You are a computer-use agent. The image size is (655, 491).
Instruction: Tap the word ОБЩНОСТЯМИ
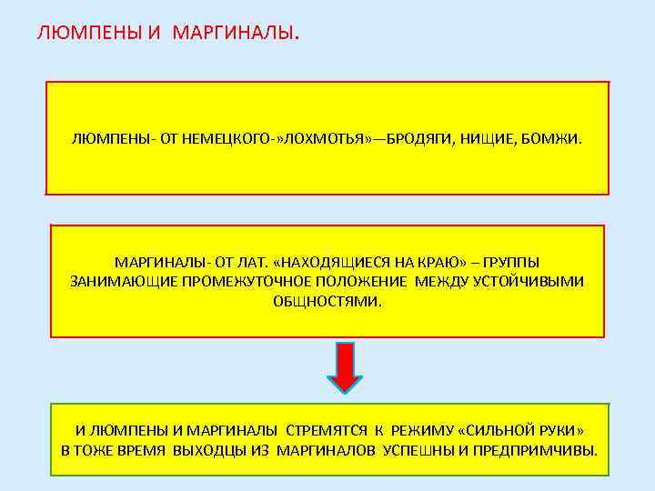[x=327, y=300]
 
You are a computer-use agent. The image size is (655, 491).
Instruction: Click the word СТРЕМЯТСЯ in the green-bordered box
[x=327, y=430]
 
